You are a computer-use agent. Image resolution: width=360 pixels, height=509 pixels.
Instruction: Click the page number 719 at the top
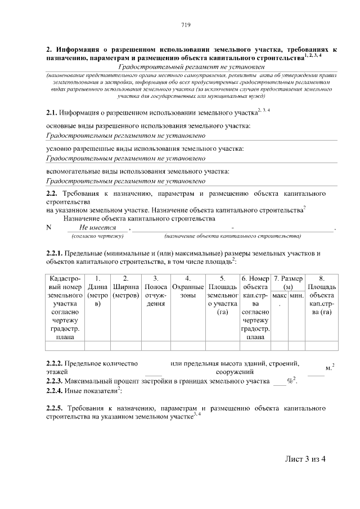(x=186, y=25)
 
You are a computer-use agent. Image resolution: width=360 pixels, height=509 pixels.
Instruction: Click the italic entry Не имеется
(x=98, y=227)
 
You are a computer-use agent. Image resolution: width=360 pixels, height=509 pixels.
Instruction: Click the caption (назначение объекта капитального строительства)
(x=232, y=236)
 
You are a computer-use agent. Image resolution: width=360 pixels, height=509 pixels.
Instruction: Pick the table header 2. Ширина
(x=126, y=287)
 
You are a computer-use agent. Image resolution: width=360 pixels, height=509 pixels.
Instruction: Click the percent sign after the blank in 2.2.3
(x=291, y=381)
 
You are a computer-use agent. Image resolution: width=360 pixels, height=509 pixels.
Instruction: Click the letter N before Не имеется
(x=48, y=227)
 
